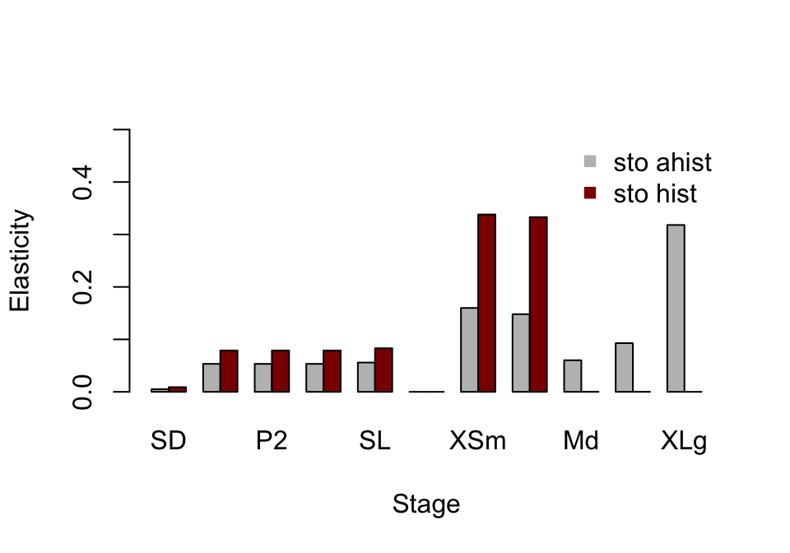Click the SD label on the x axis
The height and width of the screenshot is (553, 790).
coord(169,442)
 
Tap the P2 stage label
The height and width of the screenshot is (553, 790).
coord(272,442)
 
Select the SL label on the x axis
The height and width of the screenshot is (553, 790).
coord(375,442)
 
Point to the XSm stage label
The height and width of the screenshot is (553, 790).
coord(478,442)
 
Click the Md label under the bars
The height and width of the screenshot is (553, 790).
coord(581,442)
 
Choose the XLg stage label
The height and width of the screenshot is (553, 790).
coord(684,442)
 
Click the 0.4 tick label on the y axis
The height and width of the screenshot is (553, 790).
coord(83,182)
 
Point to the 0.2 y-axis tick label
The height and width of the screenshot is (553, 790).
coord(83,286)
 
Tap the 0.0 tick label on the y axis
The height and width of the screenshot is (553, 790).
coord(83,392)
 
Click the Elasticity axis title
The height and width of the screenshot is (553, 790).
coord(21,261)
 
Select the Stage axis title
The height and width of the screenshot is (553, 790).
coord(426,504)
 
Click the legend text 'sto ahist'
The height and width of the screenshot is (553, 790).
coord(662,163)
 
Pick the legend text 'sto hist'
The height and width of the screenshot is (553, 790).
coord(655,194)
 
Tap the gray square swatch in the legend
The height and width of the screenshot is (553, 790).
coord(589,161)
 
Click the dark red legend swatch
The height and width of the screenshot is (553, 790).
coord(589,193)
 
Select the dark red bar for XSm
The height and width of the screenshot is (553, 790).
coord(487,303)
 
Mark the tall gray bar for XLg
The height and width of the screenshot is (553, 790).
coord(676,309)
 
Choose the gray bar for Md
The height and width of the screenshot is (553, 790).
coord(573,376)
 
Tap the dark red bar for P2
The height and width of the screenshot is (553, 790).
coord(281,371)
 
